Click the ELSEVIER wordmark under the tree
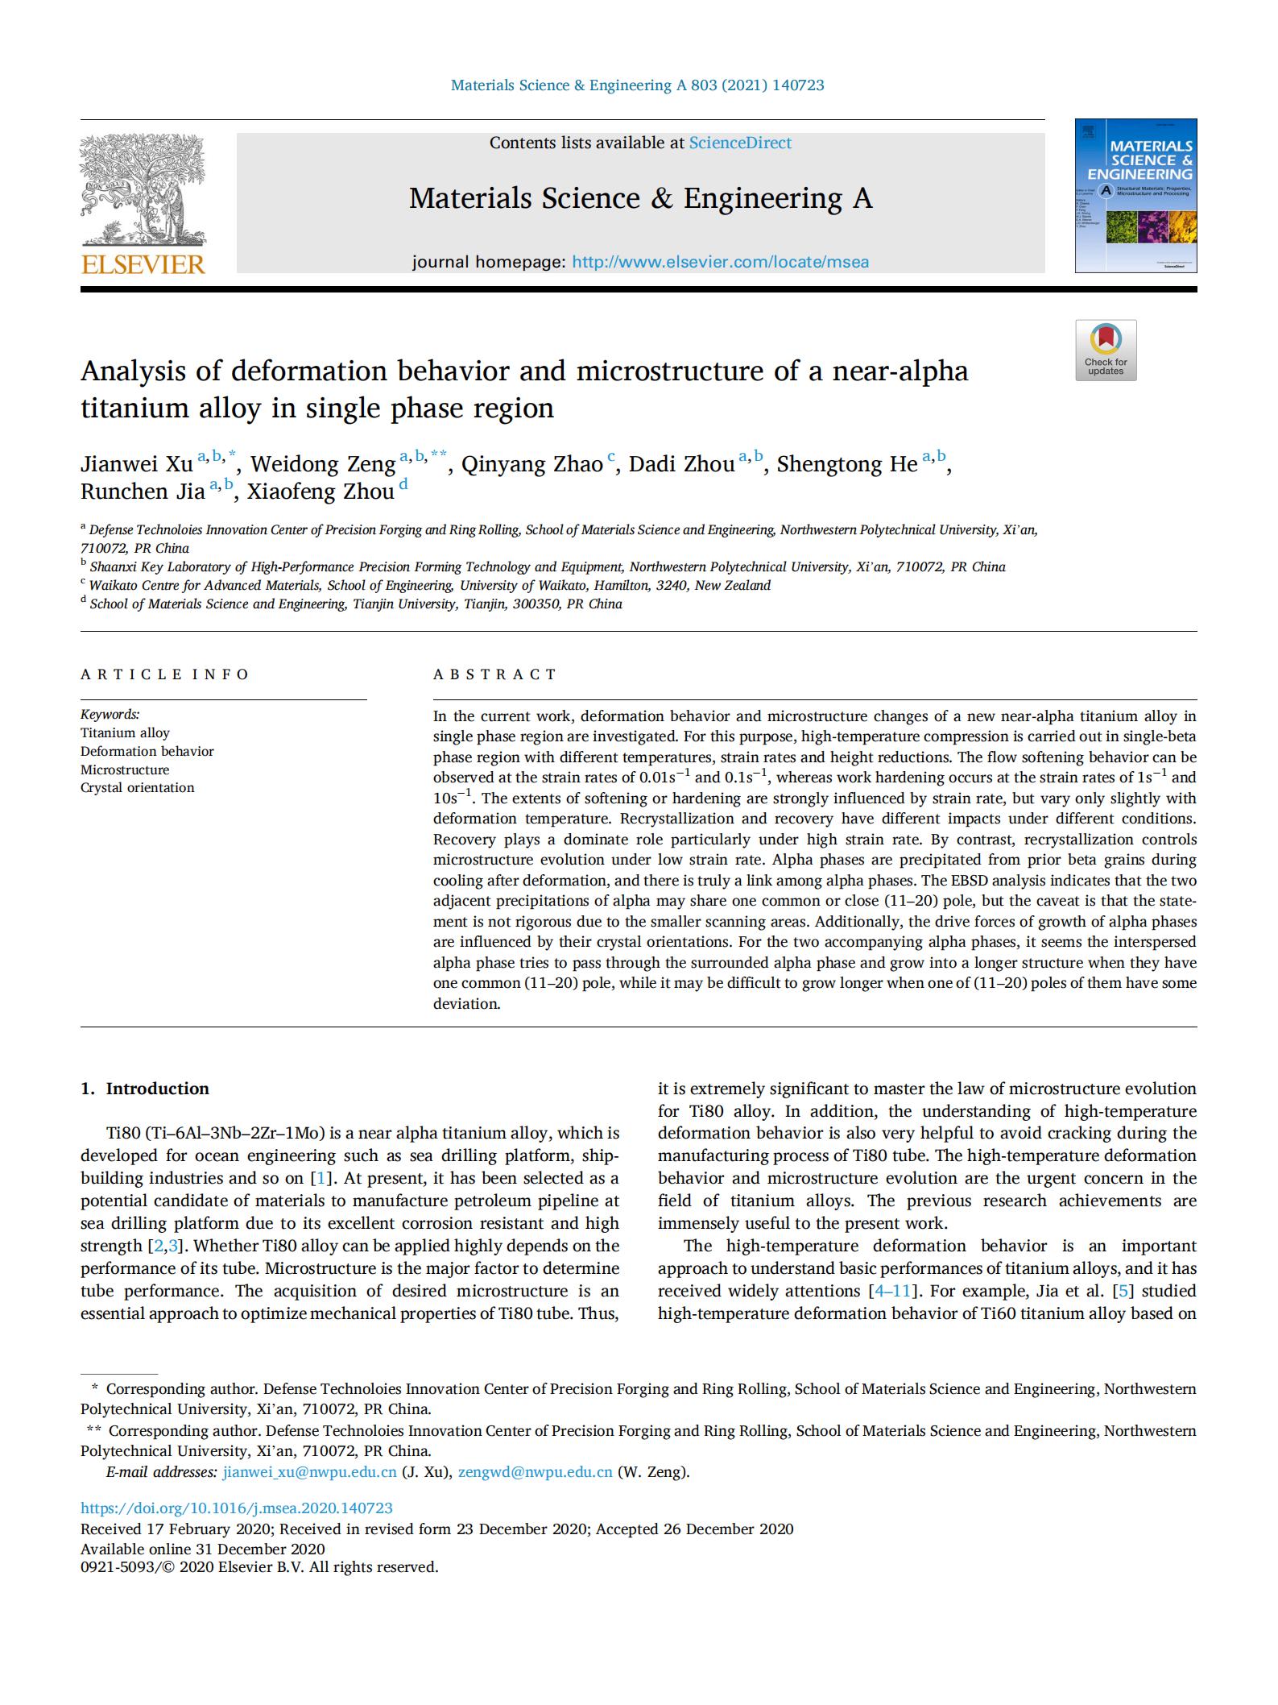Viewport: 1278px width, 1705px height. (143, 264)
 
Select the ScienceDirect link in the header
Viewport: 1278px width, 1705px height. (740, 143)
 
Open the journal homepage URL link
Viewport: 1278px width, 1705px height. (720, 262)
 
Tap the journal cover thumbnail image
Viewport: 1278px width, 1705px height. (1135, 196)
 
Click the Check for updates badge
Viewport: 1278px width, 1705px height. (1106, 351)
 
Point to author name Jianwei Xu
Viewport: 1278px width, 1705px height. (136, 465)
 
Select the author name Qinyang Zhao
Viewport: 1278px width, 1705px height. (531, 465)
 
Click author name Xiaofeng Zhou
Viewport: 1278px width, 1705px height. (321, 492)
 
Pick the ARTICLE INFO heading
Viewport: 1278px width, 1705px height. (165, 674)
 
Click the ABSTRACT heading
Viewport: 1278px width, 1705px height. (494, 674)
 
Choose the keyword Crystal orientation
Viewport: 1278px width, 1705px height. (137, 788)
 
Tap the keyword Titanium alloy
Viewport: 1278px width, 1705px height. (125, 733)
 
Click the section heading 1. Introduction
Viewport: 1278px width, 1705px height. (145, 1089)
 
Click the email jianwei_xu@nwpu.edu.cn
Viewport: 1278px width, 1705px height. (310, 1472)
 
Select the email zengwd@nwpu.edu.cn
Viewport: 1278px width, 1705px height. (536, 1472)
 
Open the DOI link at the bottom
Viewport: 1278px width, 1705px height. (237, 1508)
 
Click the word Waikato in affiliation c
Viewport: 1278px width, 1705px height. (116, 586)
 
